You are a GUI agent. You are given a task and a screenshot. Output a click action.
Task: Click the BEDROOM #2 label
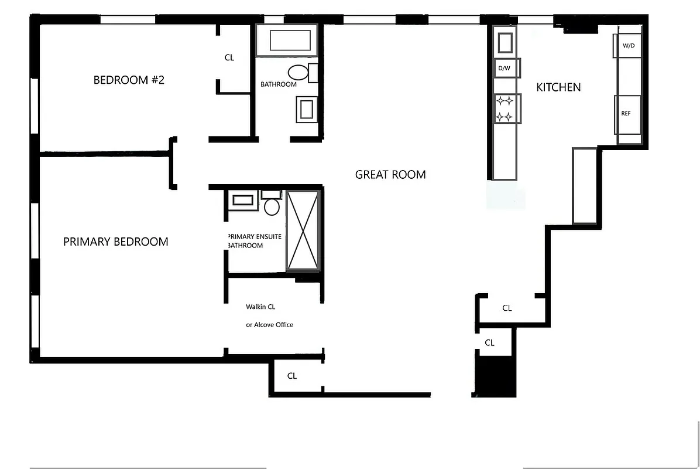click(x=129, y=80)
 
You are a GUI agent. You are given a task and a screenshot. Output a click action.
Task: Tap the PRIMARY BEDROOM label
click(x=115, y=242)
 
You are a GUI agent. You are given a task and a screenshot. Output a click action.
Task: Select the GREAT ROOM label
click(x=390, y=174)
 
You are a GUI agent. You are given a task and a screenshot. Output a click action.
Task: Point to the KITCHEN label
click(x=558, y=87)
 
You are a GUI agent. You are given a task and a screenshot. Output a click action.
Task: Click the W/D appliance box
click(x=627, y=46)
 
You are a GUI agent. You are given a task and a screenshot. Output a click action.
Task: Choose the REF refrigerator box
click(x=626, y=114)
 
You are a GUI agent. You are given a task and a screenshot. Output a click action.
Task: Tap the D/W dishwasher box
click(x=505, y=69)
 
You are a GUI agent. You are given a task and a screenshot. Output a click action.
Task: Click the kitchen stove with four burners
click(x=505, y=109)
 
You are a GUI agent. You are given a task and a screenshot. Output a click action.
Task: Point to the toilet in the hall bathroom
click(x=300, y=73)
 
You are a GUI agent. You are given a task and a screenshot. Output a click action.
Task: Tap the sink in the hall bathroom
click(x=307, y=108)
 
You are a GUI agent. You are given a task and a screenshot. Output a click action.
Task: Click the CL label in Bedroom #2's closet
click(x=229, y=57)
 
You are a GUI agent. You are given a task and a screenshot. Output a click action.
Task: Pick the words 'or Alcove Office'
click(x=269, y=325)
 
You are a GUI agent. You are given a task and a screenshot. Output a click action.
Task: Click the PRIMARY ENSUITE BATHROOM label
click(x=254, y=241)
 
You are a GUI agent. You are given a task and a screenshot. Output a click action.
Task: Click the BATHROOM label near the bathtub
click(x=279, y=84)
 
